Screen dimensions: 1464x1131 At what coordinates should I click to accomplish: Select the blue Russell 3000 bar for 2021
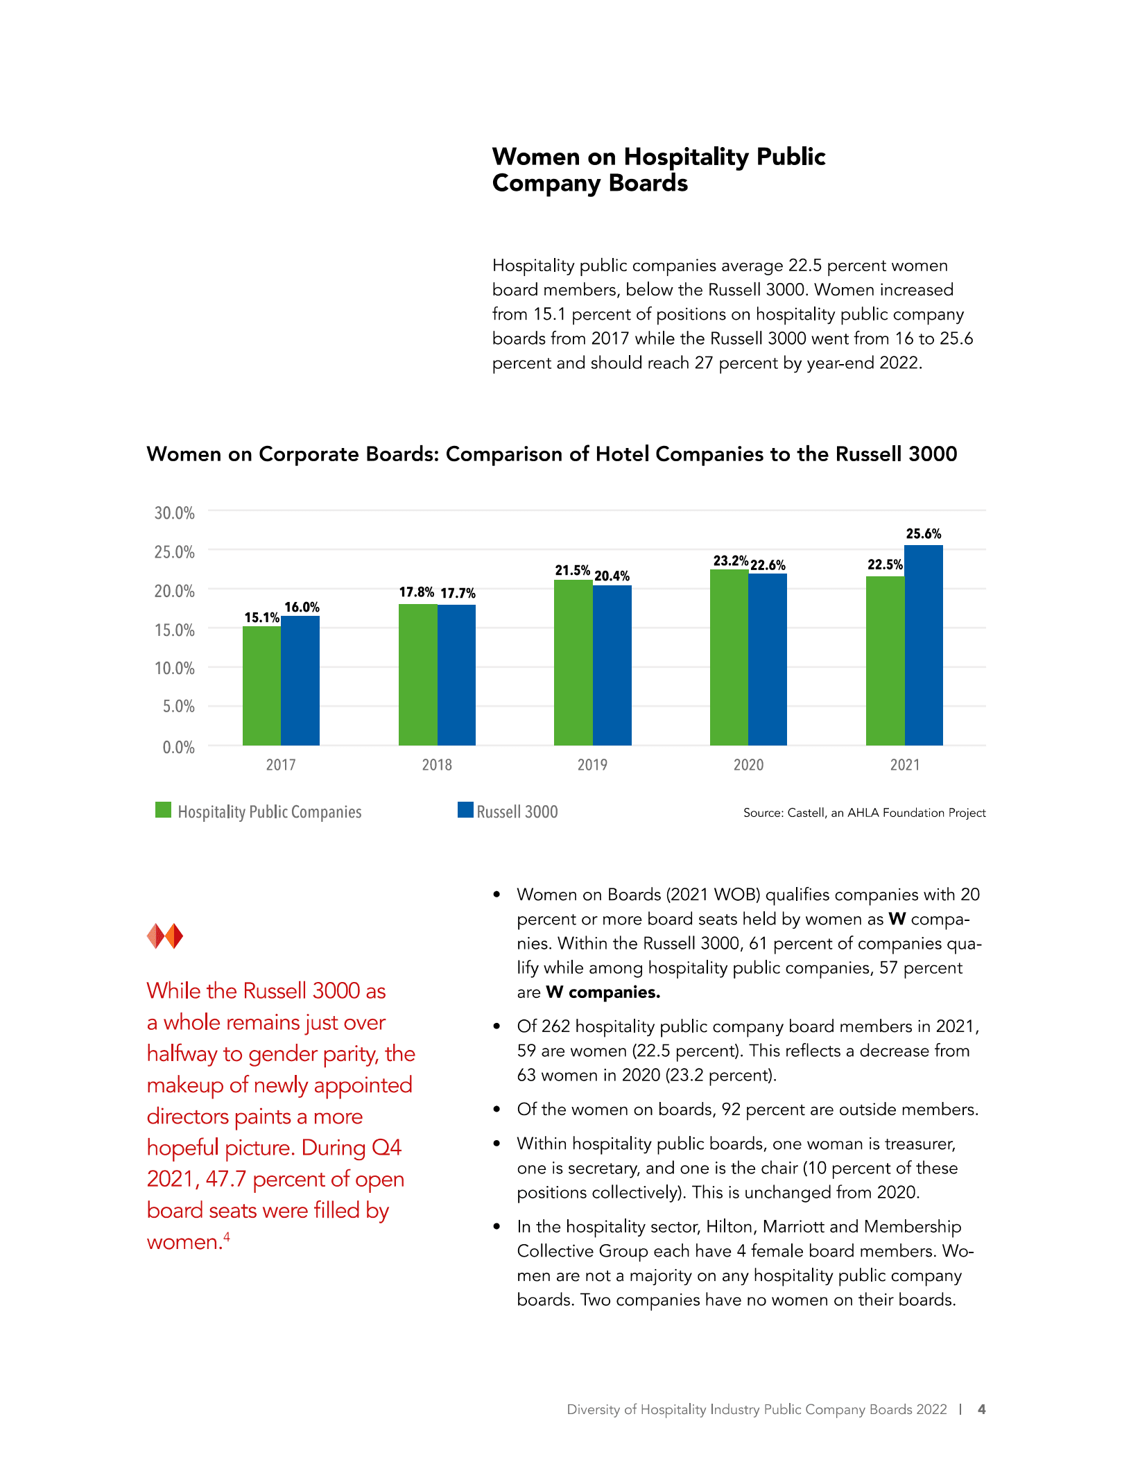[923, 645]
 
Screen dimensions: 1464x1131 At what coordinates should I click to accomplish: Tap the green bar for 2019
[573, 662]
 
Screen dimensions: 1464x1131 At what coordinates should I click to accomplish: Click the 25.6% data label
[923, 534]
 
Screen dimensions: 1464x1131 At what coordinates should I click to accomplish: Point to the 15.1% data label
[261, 617]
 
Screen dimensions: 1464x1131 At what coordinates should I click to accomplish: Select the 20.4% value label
[612, 576]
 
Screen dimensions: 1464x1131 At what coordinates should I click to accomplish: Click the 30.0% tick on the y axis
[174, 513]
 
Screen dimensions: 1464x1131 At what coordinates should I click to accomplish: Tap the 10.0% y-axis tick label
[174, 669]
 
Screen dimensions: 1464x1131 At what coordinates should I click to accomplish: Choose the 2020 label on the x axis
[748, 765]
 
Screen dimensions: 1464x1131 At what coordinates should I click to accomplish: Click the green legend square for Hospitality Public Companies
[163, 810]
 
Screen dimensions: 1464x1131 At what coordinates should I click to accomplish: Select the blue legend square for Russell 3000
[465, 810]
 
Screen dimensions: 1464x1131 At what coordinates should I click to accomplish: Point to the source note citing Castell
[864, 813]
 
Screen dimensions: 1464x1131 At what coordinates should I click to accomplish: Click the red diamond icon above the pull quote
[165, 936]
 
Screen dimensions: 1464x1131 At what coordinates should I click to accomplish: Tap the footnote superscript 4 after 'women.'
[226, 1237]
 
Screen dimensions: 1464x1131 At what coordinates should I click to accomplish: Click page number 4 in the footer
[981, 1409]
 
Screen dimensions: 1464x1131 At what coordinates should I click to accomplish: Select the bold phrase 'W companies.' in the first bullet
[603, 992]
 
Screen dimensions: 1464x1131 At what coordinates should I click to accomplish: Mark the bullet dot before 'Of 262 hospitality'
[497, 1026]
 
